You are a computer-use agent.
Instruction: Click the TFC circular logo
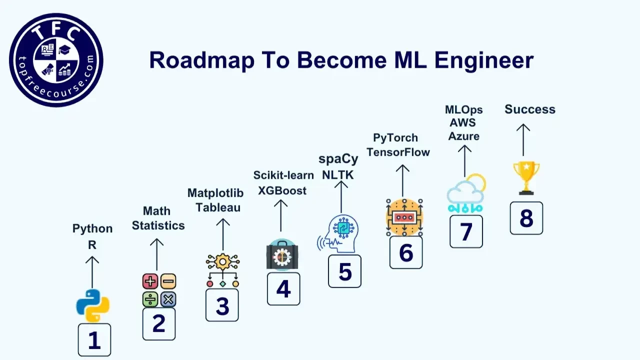pyautogui.click(x=56, y=59)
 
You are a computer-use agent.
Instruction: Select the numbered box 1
pyautogui.click(x=94, y=339)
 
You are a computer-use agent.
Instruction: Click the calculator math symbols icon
pyautogui.click(x=159, y=290)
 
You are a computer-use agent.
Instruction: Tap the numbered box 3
pyautogui.click(x=222, y=305)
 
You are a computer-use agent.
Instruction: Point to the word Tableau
pyautogui.click(x=218, y=207)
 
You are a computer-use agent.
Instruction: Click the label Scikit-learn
pyautogui.click(x=283, y=175)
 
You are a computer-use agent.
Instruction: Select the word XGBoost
pyautogui.click(x=282, y=190)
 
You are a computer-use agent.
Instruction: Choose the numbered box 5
pyautogui.click(x=344, y=271)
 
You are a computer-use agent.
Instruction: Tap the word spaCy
pyautogui.click(x=338, y=159)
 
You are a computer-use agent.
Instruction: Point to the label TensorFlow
pyautogui.click(x=398, y=152)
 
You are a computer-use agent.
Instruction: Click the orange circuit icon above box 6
pyautogui.click(x=404, y=217)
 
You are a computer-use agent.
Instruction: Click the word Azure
pyautogui.click(x=463, y=136)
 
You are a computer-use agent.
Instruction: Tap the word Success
pyautogui.click(x=529, y=109)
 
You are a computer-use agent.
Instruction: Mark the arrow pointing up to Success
pyautogui.click(x=523, y=140)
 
